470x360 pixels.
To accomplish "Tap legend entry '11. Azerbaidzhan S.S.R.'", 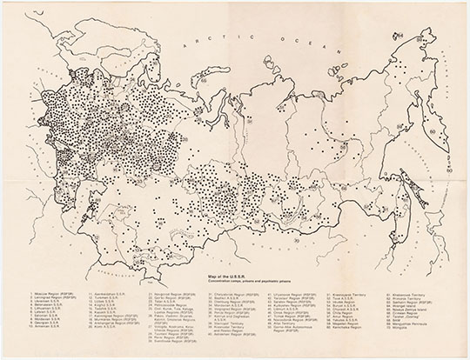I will point(113,297).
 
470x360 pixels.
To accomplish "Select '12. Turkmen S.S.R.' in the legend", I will point(109,301).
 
